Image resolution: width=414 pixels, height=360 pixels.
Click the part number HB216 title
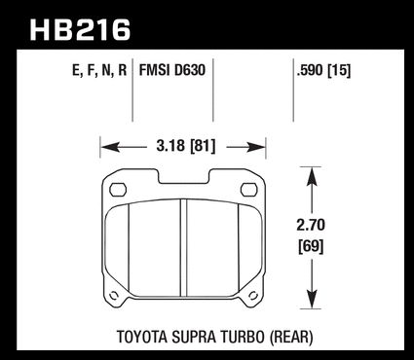[80, 30]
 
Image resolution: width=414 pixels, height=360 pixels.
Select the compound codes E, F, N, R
[99, 70]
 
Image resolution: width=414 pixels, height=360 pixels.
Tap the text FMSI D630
[172, 70]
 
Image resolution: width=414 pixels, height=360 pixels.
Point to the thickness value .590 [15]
[323, 70]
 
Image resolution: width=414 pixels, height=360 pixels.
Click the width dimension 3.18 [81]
[186, 146]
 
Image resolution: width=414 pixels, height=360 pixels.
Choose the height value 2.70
[311, 225]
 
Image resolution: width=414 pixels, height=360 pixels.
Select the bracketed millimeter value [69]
[311, 247]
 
